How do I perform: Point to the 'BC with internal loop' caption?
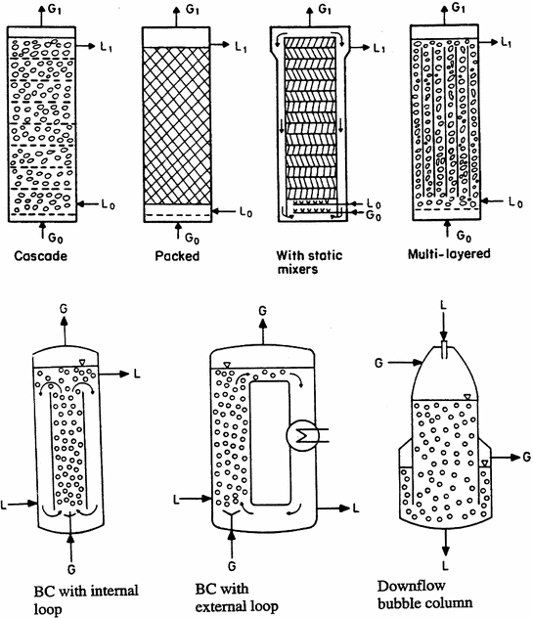point(78,598)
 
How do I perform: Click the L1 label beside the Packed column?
point(243,46)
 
